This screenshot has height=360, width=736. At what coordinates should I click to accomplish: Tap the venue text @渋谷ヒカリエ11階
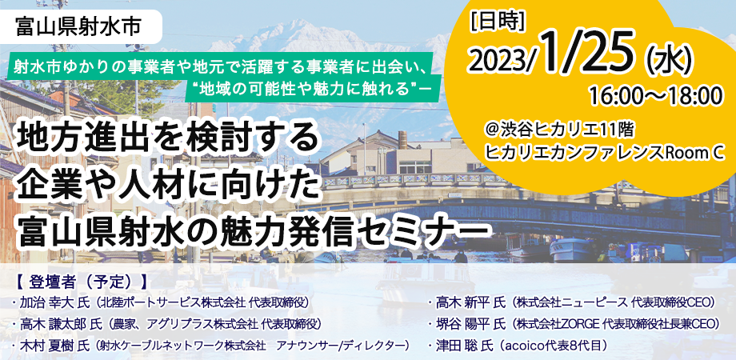coord(562,130)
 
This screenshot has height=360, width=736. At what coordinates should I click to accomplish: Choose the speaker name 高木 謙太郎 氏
coord(61,324)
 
